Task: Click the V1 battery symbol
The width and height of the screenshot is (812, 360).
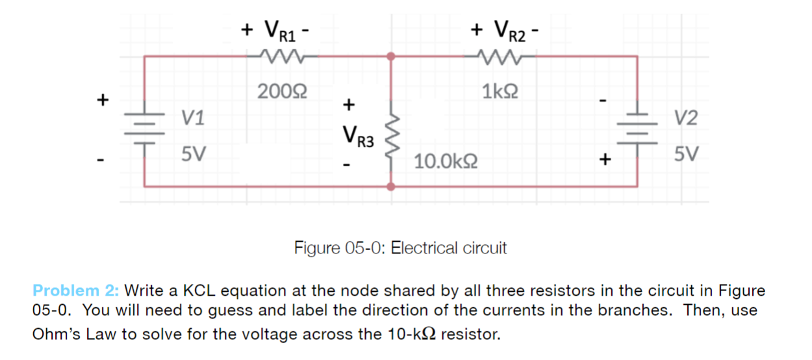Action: (x=144, y=125)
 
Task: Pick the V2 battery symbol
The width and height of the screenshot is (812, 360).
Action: (x=636, y=125)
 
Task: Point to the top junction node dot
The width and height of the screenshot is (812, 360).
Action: (x=391, y=57)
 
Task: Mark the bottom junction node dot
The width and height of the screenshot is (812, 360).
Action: (x=391, y=186)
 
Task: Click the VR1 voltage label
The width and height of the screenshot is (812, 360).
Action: (x=277, y=30)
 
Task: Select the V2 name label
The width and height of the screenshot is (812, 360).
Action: (x=686, y=118)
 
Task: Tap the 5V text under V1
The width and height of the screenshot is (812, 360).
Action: (x=194, y=155)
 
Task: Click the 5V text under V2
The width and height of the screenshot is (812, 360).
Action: (x=686, y=155)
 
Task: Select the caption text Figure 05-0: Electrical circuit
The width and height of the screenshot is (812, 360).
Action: (x=400, y=248)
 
